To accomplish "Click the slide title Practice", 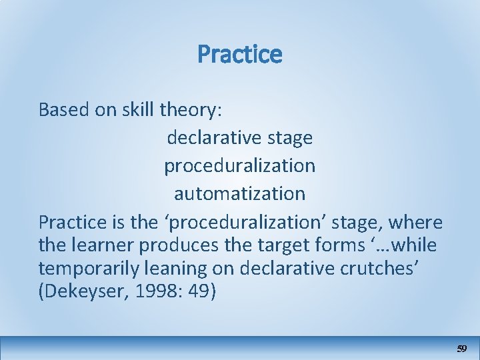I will point(239,54).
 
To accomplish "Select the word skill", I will point(137,109).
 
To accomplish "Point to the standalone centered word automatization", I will point(239,194).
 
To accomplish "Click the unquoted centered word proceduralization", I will point(239,166).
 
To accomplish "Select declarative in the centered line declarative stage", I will point(214,138).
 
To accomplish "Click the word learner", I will point(102,245).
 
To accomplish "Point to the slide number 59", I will point(461,349).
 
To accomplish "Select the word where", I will point(416,222).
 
